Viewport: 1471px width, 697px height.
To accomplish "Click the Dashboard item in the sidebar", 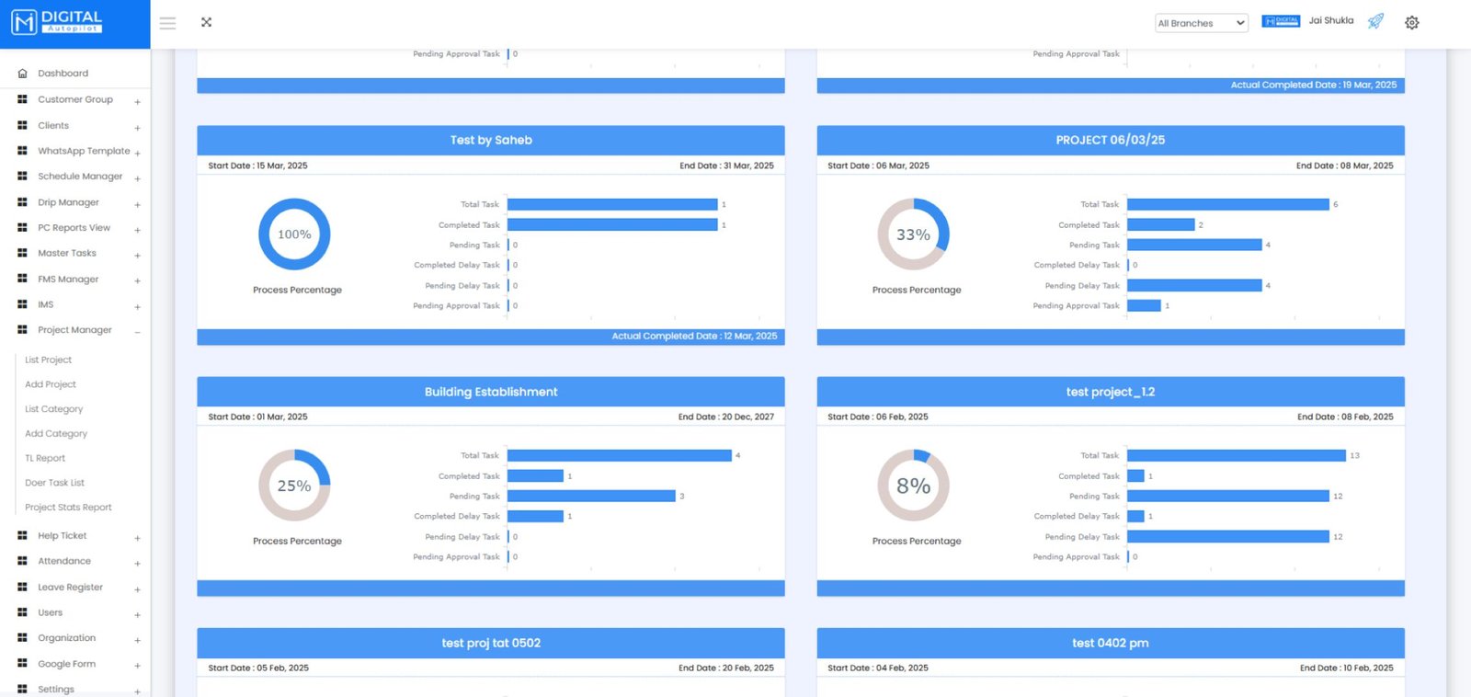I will coord(63,74).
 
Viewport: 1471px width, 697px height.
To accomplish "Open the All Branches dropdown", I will coord(1201,23).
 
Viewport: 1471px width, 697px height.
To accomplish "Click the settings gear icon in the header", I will coord(1411,23).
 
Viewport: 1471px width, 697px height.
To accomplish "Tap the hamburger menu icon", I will coord(167,23).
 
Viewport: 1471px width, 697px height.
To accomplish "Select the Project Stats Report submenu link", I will coord(68,508).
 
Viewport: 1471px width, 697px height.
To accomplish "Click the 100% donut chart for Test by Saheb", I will coord(294,234).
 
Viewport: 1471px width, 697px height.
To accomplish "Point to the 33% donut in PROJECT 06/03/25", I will coord(913,234).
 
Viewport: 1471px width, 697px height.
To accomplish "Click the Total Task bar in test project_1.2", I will coord(1236,456).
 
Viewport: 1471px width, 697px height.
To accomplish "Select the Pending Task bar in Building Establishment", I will coord(591,497).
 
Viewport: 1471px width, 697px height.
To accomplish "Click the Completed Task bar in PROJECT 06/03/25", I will coord(1160,225).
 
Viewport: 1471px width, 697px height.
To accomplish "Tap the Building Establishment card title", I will coord(491,392).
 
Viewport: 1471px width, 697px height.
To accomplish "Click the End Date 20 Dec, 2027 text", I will coord(725,417).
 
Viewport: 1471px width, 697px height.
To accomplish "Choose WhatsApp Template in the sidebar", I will coord(83,151).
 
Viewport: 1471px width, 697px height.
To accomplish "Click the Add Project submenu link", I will coord(51,384).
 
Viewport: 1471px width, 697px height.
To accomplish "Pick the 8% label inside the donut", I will coord(913,486).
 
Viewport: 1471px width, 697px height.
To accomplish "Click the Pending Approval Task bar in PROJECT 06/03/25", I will coord(1144,306).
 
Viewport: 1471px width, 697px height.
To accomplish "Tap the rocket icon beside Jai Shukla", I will coord(1375,21).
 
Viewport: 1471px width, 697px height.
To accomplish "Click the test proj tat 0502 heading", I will coord(491,643).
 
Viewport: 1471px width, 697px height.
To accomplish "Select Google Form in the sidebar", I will coord(66,664).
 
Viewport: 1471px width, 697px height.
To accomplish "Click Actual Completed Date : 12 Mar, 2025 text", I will coord(694,337).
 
